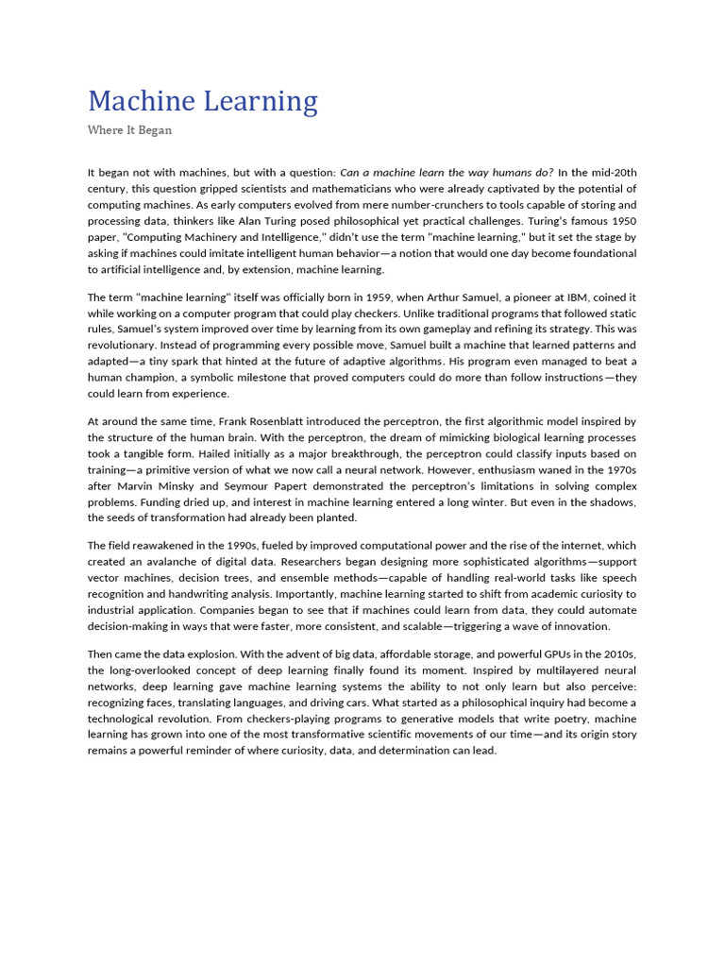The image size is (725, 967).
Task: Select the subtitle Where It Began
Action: (129, 130)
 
